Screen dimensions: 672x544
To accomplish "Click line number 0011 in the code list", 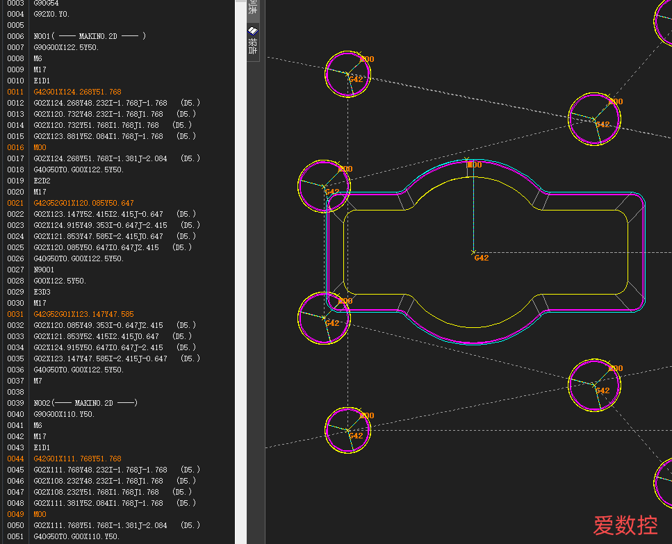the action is tap(15, 92).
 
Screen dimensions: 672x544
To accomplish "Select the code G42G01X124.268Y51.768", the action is tap(78, 92).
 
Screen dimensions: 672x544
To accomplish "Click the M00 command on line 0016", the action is tap(40, 147).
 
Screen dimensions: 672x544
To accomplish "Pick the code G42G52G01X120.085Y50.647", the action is tap(83, 203).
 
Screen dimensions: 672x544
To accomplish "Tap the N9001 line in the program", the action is tap(44, 270).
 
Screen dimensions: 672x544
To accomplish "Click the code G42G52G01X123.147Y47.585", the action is tap(83, 314).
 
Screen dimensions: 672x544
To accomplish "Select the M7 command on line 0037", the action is tap(38, 381).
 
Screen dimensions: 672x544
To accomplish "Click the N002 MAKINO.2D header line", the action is tap(85, 403).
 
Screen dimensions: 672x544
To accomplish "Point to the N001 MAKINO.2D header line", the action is tap(90, 36).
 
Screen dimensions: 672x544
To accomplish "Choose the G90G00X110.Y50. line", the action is tap(65, 414).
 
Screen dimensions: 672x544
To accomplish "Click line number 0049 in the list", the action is tap(15, 514).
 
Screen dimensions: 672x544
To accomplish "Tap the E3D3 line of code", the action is tap(42, 292).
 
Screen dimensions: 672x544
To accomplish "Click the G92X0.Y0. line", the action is tap(51, 14).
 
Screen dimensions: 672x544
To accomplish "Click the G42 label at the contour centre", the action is tap(482, 258).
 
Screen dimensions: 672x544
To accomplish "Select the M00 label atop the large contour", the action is tap(475, 165).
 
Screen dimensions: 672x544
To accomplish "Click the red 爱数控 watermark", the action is tap(625, 525).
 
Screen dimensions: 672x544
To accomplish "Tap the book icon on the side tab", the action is tap(253, 31).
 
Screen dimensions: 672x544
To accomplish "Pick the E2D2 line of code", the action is tap(42, 181).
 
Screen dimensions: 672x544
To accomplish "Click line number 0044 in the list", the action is tap(15, 459).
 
